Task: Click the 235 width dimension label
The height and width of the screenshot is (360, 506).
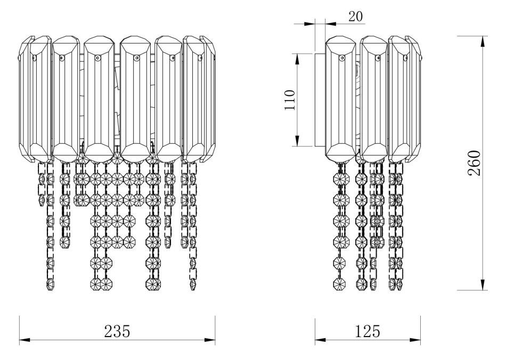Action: coord(117,331)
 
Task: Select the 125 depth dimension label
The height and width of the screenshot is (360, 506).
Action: coord(368,331)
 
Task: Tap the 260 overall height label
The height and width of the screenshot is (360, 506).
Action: coord(475,163)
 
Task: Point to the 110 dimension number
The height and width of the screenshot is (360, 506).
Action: coord(290,100)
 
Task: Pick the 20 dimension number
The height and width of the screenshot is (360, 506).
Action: coord(356,17)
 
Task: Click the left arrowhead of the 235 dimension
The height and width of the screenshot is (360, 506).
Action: coord(25,340)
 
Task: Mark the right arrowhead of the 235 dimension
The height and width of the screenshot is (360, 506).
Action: coord(210,340)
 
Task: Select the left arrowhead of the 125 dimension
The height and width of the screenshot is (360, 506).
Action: coord(320,340)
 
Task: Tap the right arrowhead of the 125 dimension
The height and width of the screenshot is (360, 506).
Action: coord(415,340)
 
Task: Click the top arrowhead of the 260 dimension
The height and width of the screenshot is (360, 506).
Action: coord(483,42)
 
